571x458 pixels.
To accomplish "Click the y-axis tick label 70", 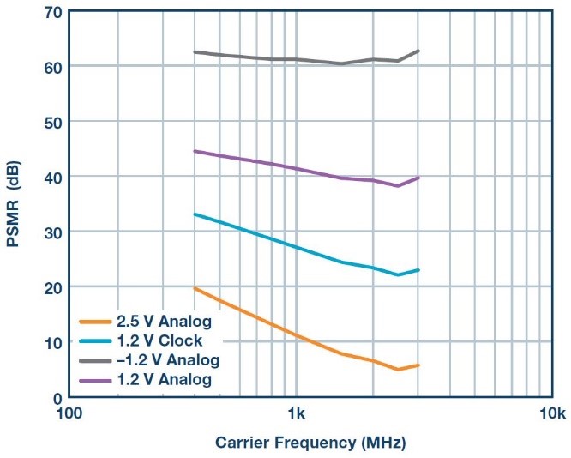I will tap(51, 12).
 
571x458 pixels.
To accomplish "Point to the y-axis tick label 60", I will tap(51, 67).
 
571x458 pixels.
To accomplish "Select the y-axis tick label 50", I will tap(51, 122).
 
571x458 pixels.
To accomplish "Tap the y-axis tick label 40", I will tap(51, 177).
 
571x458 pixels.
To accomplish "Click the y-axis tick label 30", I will tap(51, 232).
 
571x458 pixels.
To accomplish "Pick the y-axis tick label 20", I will tap(51, 287).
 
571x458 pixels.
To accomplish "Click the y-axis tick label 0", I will tap(56, 397).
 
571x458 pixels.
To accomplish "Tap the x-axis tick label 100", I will tap(69, 414).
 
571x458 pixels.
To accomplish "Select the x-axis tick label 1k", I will tap(296, 414).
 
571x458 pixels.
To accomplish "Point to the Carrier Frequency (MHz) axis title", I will tap(310, 443).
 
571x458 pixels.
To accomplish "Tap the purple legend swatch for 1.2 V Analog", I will tap(97, 378).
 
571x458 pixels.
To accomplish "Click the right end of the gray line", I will tap(419, 51).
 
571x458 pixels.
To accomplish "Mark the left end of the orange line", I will tap(195, 288).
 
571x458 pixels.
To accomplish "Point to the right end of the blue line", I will tap(419, 270).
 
